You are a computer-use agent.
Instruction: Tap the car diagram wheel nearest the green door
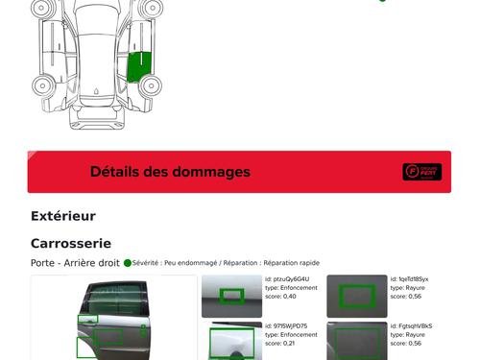151,85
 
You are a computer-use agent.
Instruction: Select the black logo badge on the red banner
421,172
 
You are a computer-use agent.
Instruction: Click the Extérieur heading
63,216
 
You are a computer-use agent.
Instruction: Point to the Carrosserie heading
71,244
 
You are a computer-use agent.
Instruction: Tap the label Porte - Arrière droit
75,262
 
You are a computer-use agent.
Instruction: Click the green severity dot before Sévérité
128,262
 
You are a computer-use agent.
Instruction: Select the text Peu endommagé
183,262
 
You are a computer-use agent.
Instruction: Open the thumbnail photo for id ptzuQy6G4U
231,296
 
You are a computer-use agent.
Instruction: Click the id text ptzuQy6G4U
288,279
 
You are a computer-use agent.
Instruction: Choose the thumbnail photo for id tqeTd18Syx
356,296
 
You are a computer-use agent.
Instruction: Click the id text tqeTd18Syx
410,279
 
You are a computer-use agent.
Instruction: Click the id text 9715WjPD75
287,325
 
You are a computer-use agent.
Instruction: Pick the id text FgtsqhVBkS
412,325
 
